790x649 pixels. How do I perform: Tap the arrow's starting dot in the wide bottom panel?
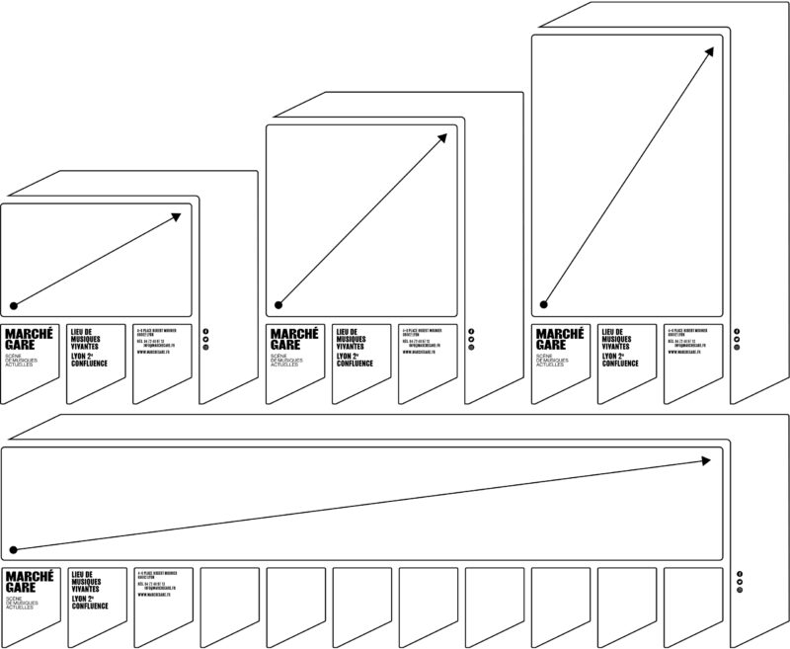tap(14, 549)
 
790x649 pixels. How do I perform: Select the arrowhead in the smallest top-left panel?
tap(178, 214)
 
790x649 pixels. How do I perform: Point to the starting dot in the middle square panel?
tap(278, 304)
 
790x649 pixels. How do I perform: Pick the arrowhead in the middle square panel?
tap(444, 136)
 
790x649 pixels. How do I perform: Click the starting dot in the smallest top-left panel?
tap(14, 304)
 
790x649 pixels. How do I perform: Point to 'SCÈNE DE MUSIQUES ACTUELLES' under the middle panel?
tap(288, 362)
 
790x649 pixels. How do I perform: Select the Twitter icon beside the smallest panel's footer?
tap(205, 339)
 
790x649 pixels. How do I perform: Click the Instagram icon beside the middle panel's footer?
tap(471, 348)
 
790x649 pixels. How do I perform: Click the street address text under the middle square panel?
tap(421, 332)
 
